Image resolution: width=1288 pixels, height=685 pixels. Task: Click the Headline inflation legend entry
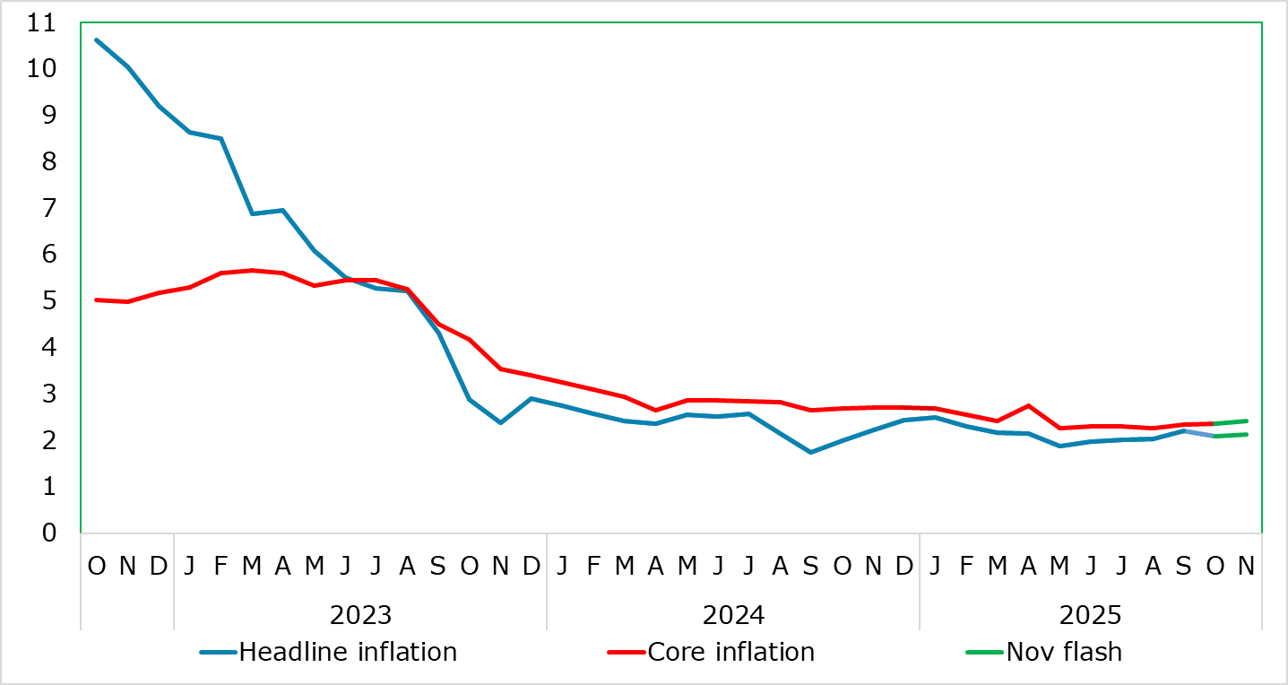coord(348,651)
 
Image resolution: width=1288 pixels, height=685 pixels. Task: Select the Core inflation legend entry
coord(730,651)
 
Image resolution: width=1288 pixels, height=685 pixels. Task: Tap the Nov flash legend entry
coord(1064,651)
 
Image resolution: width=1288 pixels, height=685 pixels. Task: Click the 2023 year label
coord(360,615)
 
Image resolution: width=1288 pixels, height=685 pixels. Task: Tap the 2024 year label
coord(733,615)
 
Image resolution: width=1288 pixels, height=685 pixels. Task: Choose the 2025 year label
coord(1090,615)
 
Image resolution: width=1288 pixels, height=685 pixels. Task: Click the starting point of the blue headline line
coord(97,39)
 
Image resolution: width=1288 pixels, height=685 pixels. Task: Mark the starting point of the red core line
coord(97,299)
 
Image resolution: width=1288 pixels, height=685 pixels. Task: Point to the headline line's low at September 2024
coord(811,452)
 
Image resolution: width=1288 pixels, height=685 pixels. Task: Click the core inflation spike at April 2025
coord(1028,405)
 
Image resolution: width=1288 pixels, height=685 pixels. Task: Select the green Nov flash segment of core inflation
coord(1231,422)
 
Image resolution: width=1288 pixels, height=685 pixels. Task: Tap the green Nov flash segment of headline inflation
coord(1231,435)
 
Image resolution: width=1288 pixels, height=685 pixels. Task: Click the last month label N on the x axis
coord(1246,566)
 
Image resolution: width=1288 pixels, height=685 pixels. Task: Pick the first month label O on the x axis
coord(97,566)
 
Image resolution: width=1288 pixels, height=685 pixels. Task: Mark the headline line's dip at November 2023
coord(500,422)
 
